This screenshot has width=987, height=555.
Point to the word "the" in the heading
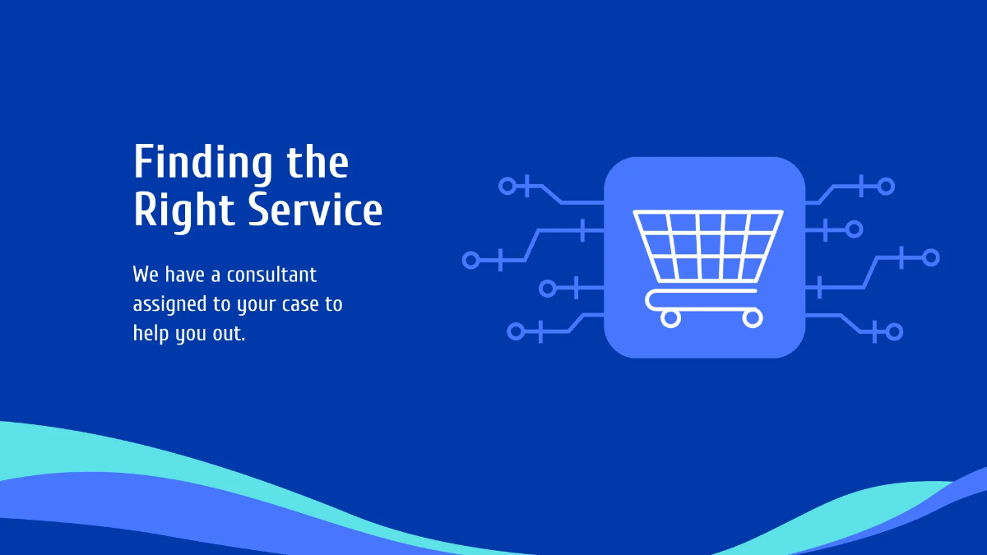(x=317, y=164)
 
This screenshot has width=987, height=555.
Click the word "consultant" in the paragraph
(x=271, y=275)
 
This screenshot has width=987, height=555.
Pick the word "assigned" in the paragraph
(x=169, y=304)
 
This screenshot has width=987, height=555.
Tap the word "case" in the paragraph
(x=299, y=304)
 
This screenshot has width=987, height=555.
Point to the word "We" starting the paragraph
(x=146, y=275)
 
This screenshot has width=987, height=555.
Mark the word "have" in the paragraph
(x=183, y=275)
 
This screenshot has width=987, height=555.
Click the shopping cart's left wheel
(x=671, y=317)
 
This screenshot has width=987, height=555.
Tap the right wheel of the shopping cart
(x=752, y=317)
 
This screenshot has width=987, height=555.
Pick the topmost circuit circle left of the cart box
(x=507, y=186)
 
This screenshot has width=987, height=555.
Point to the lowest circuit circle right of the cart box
(x=893, y=332)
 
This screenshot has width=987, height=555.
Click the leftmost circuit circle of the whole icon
(x=471, y=261)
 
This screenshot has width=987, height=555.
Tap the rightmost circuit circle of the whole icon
(x=930, y=257)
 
